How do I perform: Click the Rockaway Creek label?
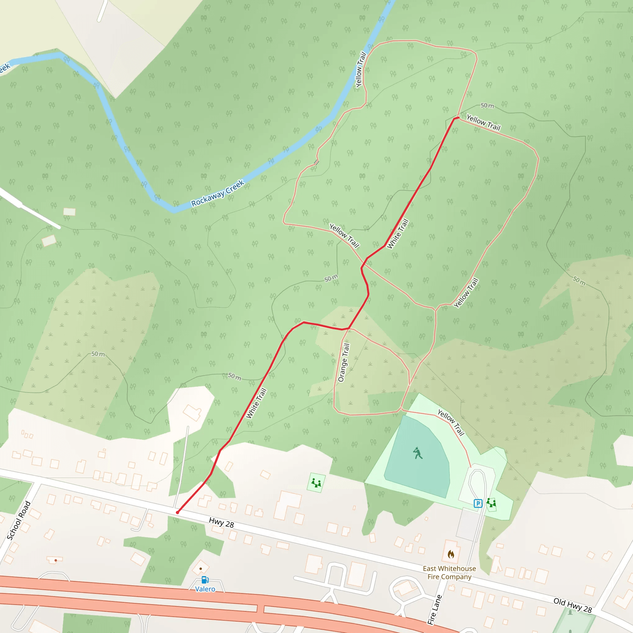(218, 193)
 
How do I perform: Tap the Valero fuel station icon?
(205, 580)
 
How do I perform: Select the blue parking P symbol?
(478, 503)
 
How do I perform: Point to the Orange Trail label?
(344, 362)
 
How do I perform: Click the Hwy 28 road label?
(222, 523)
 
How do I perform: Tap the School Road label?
(19, 520)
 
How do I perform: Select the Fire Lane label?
(435, 610)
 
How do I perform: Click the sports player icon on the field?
(417, 453)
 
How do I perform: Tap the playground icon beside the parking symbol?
(491, 503)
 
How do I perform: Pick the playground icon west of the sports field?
(316, 483)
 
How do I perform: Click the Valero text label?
(205, 589)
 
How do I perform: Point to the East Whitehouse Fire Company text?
(449, 572)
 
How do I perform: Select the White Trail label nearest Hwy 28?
(256, 403)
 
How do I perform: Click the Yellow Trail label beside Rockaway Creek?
(361, 70)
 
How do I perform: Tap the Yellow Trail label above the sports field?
(451, 423)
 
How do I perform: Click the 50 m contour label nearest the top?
(487, 105)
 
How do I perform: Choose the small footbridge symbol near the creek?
(316, 162)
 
